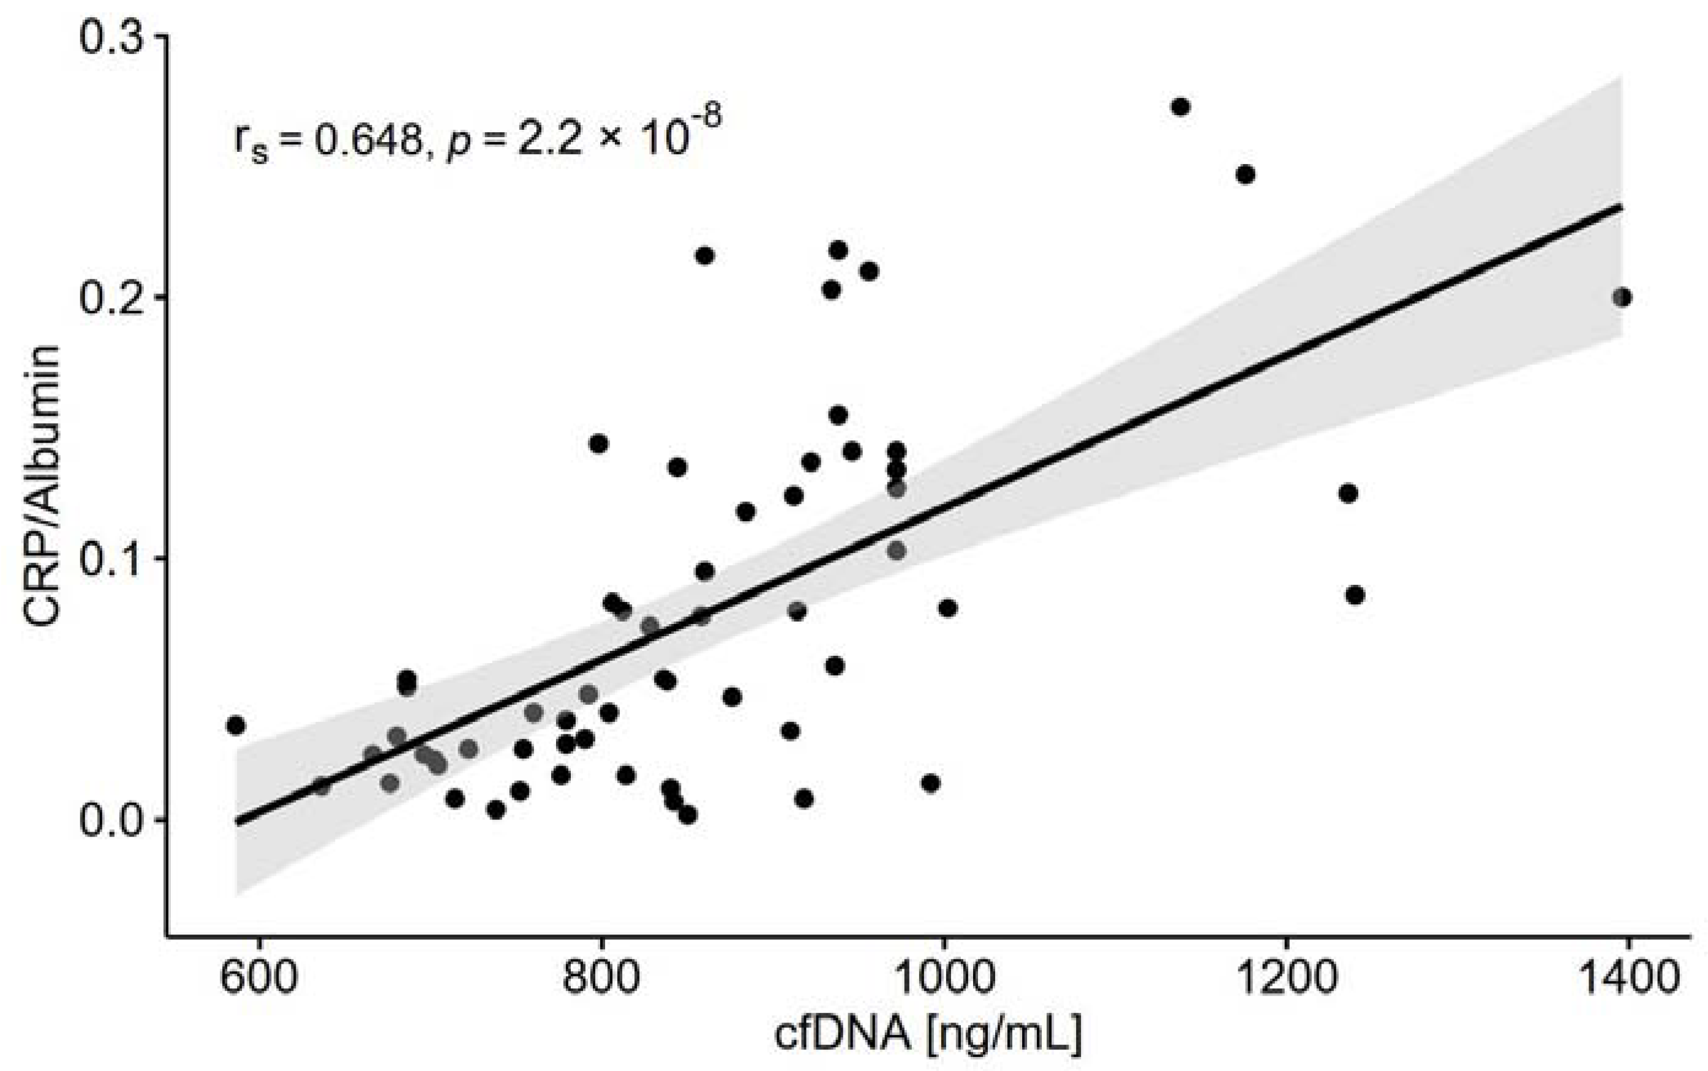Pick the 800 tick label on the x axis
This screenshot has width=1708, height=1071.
[x=601, y=979]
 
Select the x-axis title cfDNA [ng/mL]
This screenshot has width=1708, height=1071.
[x=928, y=1035]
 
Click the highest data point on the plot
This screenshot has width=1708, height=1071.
[x=1180, y=107]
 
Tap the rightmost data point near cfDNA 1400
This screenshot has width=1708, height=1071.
[x=1622, y=298]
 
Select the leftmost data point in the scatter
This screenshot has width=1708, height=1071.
[x=236, y=726]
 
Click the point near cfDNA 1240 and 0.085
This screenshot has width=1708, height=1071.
[x=1355, y=596]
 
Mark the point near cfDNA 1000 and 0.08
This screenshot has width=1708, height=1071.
[x=948, y=607]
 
